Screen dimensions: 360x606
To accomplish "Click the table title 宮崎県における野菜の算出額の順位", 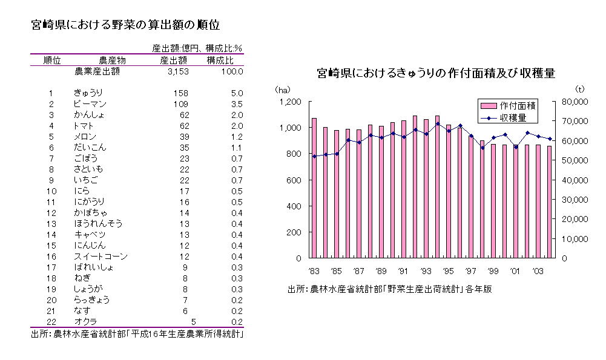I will (125, 25).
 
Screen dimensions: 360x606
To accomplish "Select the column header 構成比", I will (220, 60).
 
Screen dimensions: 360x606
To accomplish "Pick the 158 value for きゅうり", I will (180, 93).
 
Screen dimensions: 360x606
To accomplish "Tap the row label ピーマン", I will (90, 104).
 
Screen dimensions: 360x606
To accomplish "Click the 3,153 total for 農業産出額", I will (177, 71).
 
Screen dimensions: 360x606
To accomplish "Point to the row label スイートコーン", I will (100, 257).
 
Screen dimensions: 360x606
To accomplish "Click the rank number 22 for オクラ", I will (51, 322).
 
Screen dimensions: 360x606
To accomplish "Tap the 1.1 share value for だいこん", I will (237, 148).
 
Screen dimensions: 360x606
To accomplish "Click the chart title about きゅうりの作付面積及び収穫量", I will (436, 73).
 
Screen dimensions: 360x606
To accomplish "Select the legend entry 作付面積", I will (508, 105).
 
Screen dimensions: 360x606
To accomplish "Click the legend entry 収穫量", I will (508, 117).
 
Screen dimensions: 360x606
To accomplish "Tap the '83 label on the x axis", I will (314, 270).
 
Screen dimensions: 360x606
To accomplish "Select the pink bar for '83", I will (314, 188).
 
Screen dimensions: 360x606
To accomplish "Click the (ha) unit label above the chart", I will (283, 89).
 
